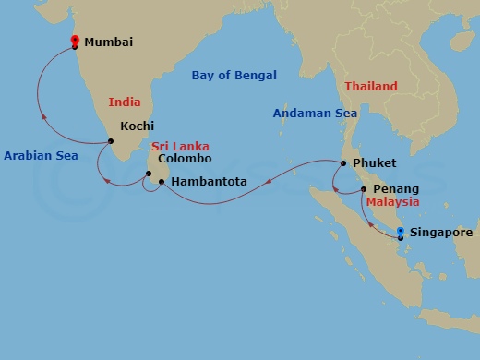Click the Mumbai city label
[109, 42]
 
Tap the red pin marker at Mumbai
[75, 40]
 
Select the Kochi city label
[137, 126]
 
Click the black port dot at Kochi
[111, 141]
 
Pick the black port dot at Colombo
[149, 173]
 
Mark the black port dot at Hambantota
[162, 182]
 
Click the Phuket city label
[375, 163]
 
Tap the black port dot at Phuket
[343, 164]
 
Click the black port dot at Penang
[364, 188]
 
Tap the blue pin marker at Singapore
[400, 232]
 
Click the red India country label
[124, 102]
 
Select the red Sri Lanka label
[180, 146]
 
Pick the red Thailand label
[371, 87]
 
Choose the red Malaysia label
[392, 201]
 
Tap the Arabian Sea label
[40, 157]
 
